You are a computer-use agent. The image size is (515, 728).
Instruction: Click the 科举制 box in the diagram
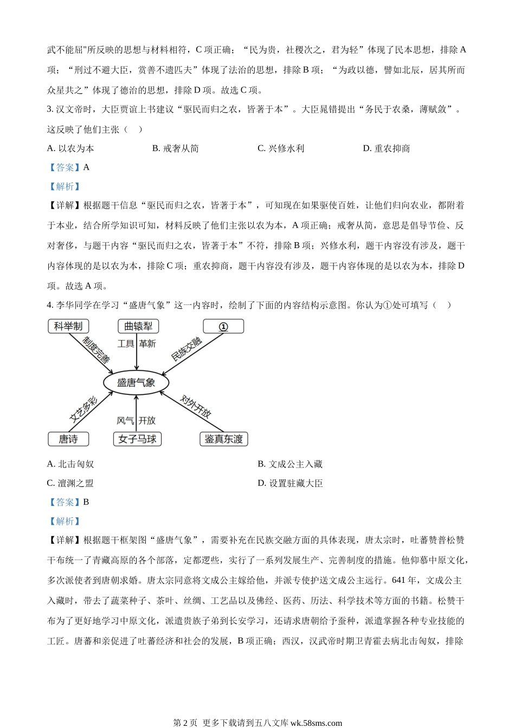point(68,326)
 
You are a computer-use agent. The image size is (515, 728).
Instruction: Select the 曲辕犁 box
point(138,326)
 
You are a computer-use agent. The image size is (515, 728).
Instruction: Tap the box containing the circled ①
point(223,326)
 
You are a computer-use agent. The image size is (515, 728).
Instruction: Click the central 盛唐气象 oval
point(136,382)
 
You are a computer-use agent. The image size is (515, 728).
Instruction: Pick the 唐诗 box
point(68,439)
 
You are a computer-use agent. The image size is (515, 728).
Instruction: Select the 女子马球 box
point(138,439)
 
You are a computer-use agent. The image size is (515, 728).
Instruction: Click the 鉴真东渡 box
point(223,439)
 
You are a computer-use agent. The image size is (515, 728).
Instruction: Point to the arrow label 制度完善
point(96,349)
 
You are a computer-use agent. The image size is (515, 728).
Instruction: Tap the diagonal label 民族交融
point(186,349)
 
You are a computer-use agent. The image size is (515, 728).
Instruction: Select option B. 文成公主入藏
point(290,464)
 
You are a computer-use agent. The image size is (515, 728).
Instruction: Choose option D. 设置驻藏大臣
point(290,483)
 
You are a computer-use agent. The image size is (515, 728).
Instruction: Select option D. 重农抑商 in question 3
point(387,148)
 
